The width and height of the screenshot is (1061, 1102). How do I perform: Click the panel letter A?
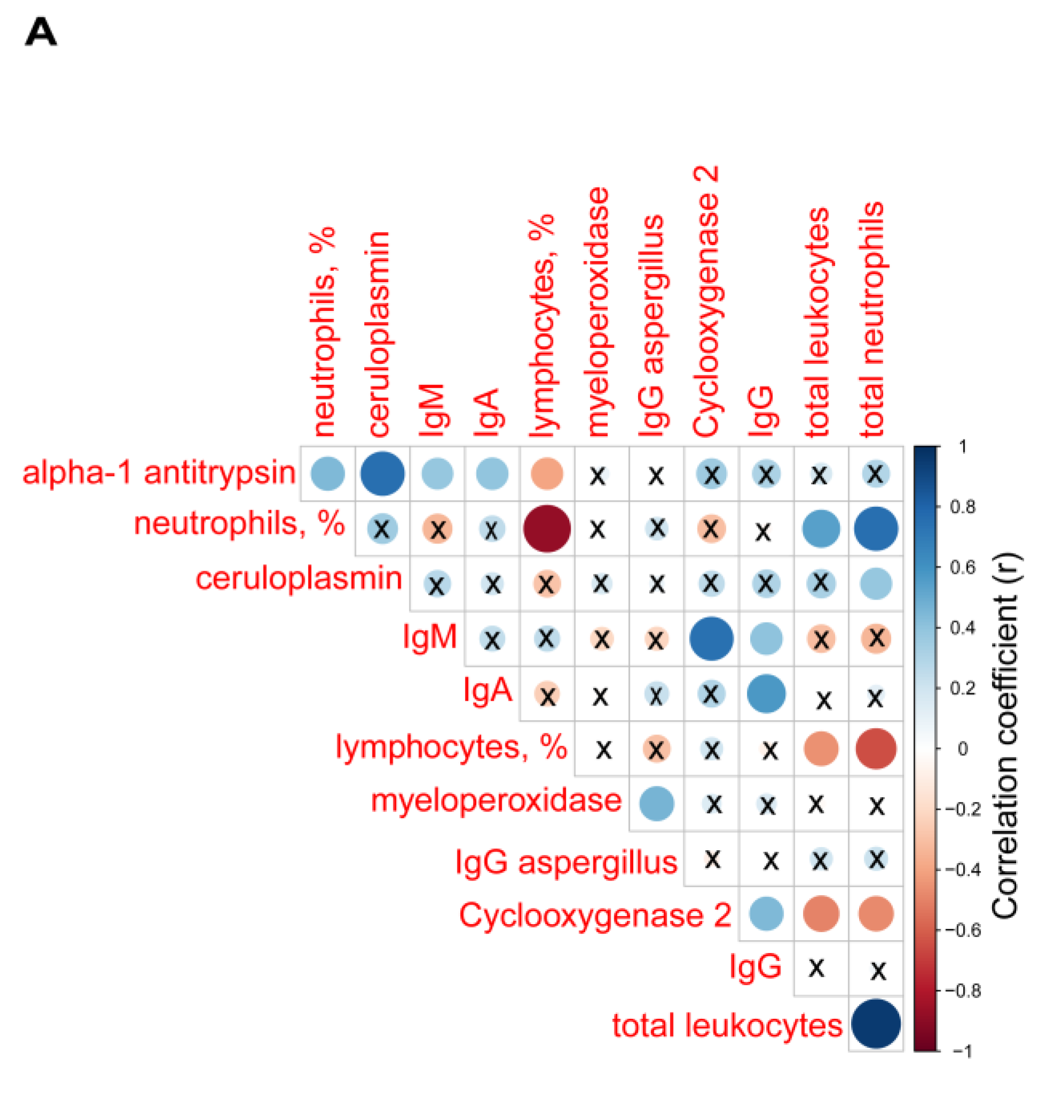pyautogui.click(x=41, y=32)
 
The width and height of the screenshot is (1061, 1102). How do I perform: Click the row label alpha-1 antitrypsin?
pyautogui.click(x=159, y=473)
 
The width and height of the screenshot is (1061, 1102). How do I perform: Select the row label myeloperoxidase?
pyautogui.click(x=496, y=801)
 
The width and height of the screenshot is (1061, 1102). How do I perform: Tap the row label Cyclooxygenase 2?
pyautogui.click(x=595, y=915)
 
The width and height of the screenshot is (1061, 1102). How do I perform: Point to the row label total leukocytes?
pyautogui.click(x=727, y=1026)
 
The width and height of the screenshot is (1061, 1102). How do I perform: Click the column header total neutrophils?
pyautogui.click(x=873, y=319)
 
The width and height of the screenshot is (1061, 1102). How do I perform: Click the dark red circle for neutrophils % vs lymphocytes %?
pyautogui.click(x=547, y=529)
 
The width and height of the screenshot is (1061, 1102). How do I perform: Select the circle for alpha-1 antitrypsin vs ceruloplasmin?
pyautogui.click(x=382, y=473)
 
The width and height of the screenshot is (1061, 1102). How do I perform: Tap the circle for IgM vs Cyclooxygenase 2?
pyautogui.click(x=711, y=638)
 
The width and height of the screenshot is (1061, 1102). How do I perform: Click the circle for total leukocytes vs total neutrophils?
pyautogui.click(x=876, y=1024)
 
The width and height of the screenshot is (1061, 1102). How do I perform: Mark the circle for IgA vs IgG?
pyautogui.click(x=766, y=693)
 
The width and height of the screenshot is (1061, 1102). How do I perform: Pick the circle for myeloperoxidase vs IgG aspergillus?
pyautogui.click(x=657, y=803)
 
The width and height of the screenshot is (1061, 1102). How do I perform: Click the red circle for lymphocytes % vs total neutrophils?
pyautogui.click(x=876, y=749)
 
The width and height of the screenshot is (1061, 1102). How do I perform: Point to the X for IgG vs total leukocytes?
pyautogui.click(x=817, y=968)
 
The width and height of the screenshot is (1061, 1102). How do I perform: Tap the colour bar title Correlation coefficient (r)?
pyautogui.click(x=1006, y=736)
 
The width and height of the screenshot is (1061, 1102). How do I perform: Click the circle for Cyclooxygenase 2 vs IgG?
pyautogui.click(x=766, y=914)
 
